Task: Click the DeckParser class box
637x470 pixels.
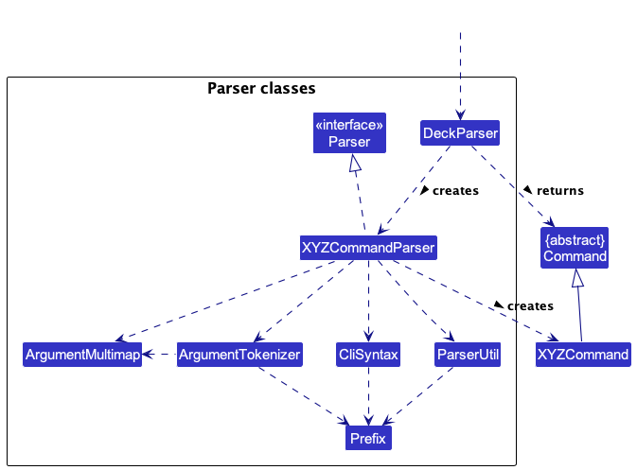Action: tap(460, 132)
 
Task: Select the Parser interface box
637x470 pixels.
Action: tap(349, 132)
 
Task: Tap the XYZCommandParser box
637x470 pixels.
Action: tap(368, 248)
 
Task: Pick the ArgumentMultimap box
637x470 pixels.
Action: tap(82, 355)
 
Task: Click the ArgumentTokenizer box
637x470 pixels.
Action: tap(239, 355)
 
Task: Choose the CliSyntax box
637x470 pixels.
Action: tap(368, 355)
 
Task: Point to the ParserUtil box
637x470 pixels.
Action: tap(468, 355)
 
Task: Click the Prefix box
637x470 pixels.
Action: tap(368, 438)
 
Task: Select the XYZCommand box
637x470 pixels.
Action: tap(583, 355)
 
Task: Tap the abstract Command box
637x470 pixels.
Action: tap(575, 248)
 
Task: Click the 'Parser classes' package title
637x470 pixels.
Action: tap(261, 88)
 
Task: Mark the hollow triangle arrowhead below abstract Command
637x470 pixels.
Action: tap(577, 278)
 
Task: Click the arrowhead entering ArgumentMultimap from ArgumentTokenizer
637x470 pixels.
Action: tap(148, 355)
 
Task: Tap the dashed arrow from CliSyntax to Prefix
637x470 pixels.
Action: tap(368, 396)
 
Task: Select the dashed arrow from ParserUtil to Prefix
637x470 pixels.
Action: tap(418, 396)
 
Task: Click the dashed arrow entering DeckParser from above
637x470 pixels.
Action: tap(460, 76)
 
